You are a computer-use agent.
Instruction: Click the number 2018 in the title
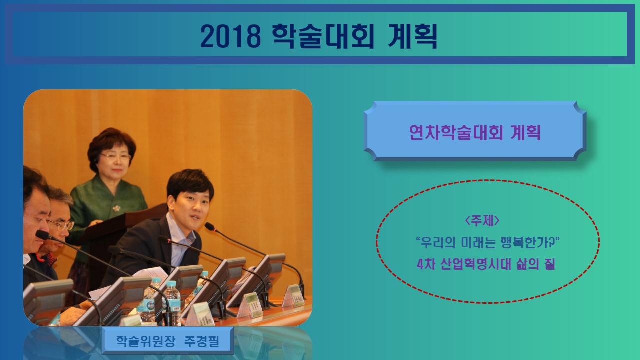231,36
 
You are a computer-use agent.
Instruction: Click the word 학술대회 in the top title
323,36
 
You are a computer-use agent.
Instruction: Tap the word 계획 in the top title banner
413,36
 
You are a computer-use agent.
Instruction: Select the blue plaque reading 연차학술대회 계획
475,131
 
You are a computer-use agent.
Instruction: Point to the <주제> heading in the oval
482,221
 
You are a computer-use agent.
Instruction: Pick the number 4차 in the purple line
426,264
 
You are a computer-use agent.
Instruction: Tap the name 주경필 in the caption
201,341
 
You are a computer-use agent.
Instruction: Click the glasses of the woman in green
115,156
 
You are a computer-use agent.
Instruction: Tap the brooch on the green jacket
116,208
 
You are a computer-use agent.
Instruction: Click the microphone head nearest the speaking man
210,227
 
